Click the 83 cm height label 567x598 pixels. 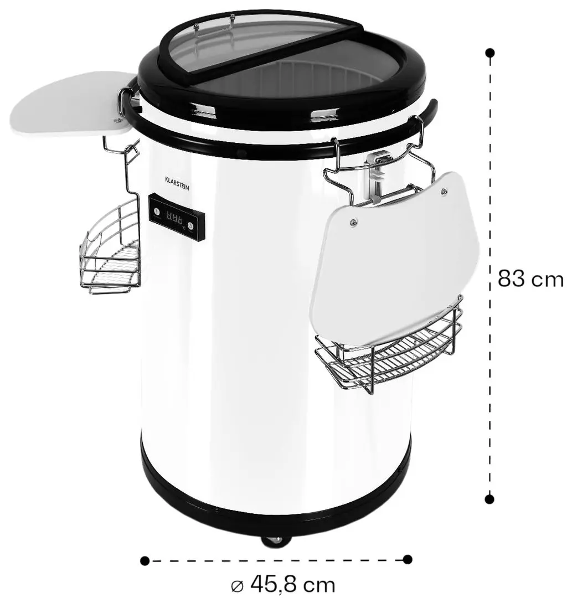[x=530, y=279]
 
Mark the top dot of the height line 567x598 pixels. [x=489, y=53]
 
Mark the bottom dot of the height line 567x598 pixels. [x=489, y=499]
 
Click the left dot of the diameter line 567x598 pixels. [x=145, y=560]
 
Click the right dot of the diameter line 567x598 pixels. [x=408, y=559]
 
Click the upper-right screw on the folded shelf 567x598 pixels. [x=444, y=192]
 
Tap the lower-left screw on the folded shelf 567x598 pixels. [x=353, y=222]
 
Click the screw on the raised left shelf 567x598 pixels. [x=117, y=120]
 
